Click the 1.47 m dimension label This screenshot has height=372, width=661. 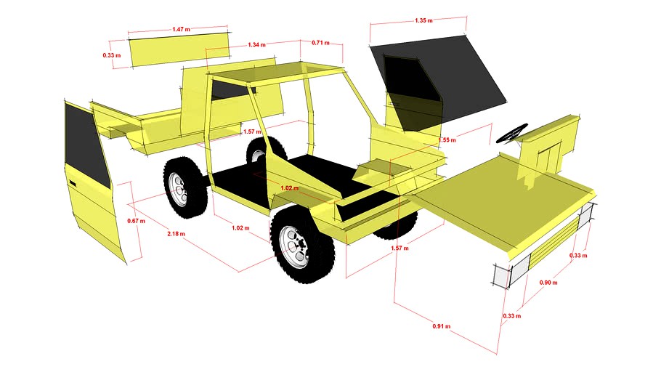click(x=181, y=29)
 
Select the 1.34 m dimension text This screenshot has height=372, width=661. click(x=256, y=45)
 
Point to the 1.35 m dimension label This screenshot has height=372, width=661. click(x=423, y=20)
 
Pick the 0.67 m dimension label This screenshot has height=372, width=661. click(x=135, y=221)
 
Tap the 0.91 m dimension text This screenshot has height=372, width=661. click(x=442, y=326)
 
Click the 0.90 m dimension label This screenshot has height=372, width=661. click(x=548, y=282)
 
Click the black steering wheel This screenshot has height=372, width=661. click(x=512, y=134)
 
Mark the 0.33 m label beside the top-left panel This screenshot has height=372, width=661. click(x=110, y=54)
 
